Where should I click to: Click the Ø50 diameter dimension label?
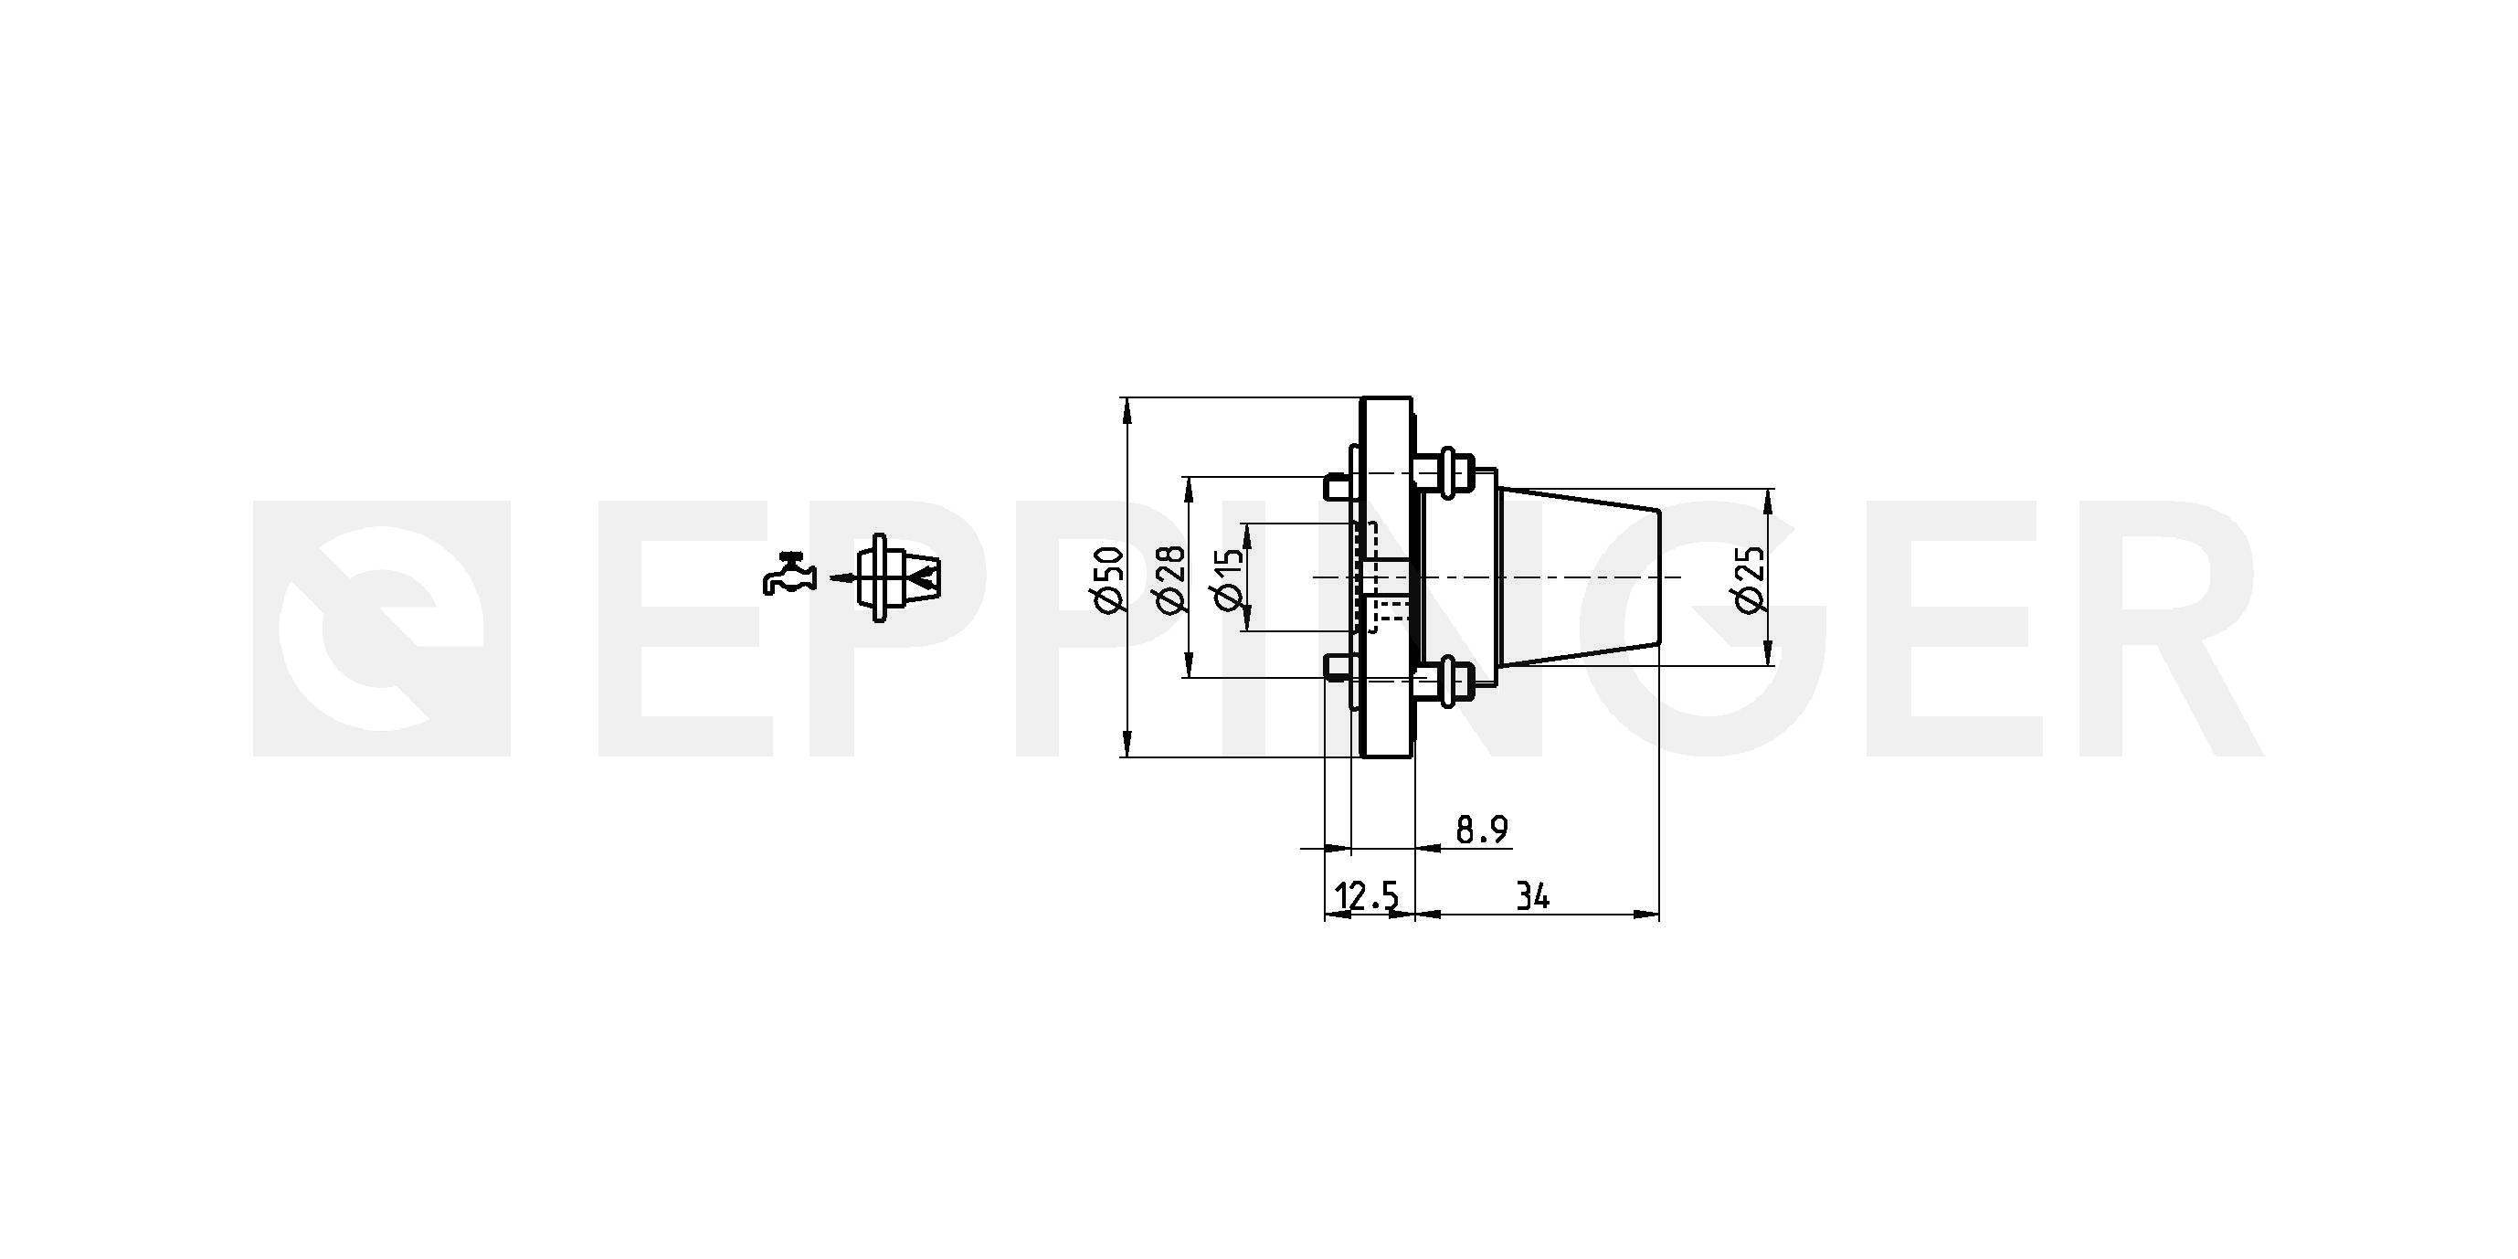click(x=1110, y=578)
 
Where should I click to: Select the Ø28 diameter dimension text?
click(x=1170, y=578)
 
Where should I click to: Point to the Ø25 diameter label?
click(x=1750, y=578)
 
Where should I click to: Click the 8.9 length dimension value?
click(x=1482, y=830)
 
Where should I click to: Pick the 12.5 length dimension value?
click(x=1367, y=895)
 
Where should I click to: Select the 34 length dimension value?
click(x=1533, y=895)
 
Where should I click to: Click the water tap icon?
click(x=788, y=574)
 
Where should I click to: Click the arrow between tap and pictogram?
click(x=842, y=578)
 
